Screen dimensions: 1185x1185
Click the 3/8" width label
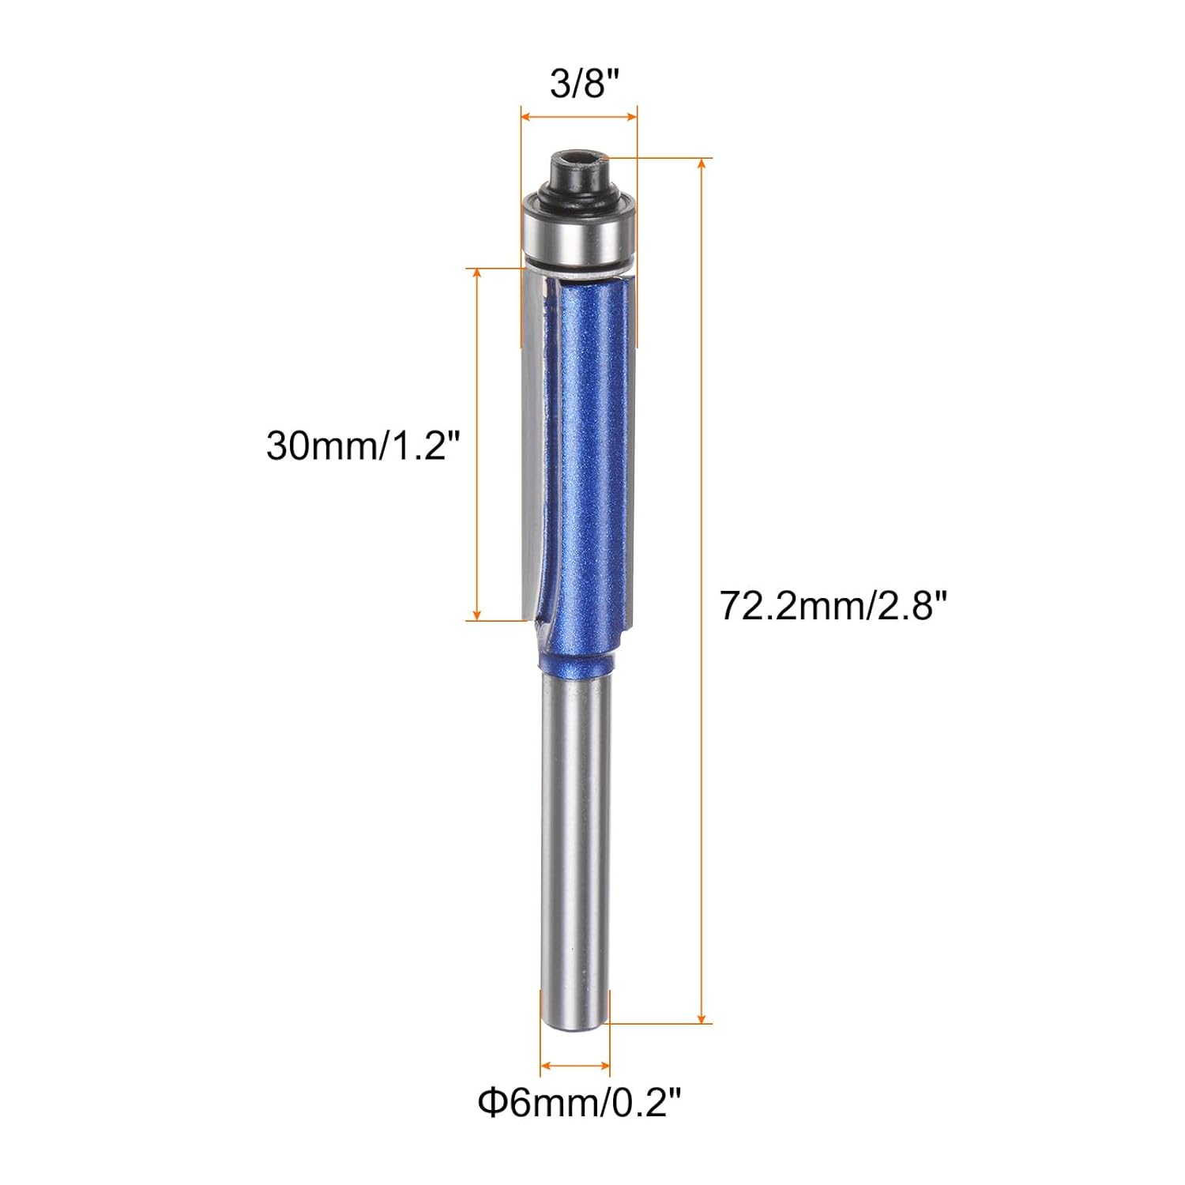point(584,84)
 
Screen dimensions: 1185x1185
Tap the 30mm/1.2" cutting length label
point(363,446)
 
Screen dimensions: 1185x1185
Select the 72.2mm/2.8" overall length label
point(833,607)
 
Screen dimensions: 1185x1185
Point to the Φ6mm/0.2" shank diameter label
point(579,1102)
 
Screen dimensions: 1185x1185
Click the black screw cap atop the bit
point(578,169)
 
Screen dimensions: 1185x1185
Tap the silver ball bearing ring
point(578,232)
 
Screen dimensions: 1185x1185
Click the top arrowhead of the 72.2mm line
point(702,163)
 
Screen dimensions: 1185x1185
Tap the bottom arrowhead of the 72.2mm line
point(702,1019)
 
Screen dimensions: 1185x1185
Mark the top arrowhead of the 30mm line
point(476,273)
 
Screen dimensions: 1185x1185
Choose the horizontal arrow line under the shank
point(575,1066)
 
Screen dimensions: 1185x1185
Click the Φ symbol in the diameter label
point(492,1102)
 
